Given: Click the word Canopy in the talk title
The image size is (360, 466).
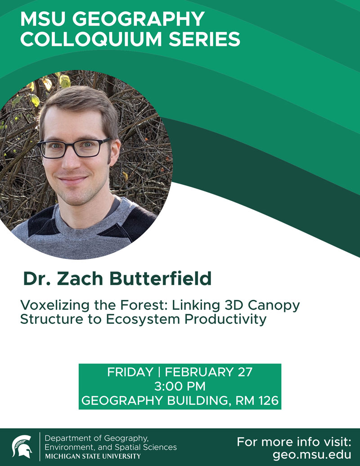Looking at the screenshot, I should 277,306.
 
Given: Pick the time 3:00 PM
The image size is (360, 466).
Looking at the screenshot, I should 180,386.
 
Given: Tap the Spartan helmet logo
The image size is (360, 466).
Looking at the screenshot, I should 22,447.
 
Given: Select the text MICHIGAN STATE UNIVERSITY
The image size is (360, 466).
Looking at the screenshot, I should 93,456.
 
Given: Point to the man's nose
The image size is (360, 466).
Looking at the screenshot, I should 74,160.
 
